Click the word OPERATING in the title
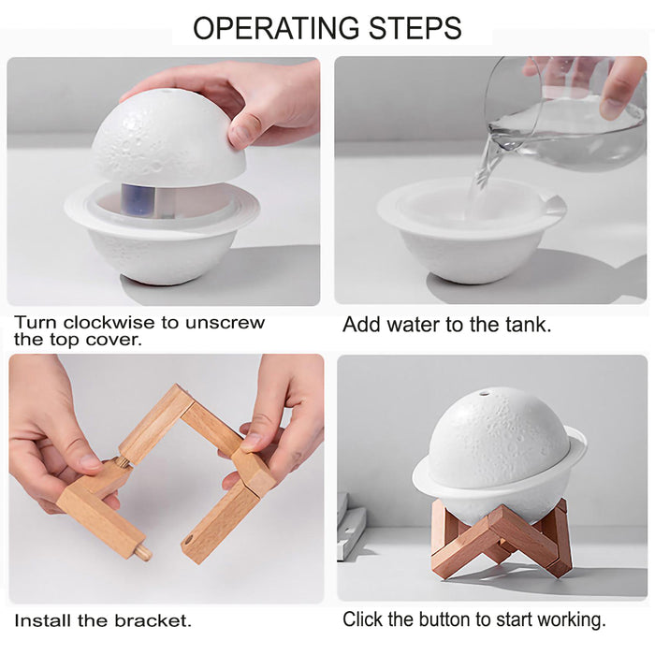[x=276, y=28]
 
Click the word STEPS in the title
[x=415, y=28]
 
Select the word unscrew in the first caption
[x=225, y=324]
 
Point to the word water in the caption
[x=411, y=325]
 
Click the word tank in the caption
[x=528, y=325]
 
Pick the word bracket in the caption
[x=153, y=620]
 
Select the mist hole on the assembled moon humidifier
[x=485, y=393]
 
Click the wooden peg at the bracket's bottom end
[x=141, y=551]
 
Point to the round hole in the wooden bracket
[x=189, y=540]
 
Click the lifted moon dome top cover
[x=167, y=138]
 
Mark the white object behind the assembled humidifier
[x=351, y=526]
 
